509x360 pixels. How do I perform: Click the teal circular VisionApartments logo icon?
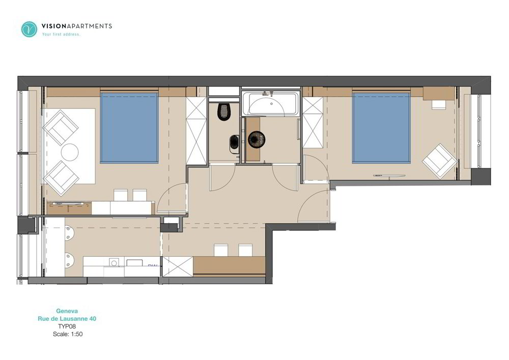29,29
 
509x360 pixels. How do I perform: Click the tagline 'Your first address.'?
61,34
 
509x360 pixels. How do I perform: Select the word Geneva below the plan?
67,311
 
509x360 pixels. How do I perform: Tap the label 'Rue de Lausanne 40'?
67,319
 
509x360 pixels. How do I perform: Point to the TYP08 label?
67,326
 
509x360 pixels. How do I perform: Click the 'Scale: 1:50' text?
68,334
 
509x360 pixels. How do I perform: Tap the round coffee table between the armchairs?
70,152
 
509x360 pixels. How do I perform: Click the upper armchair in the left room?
61,128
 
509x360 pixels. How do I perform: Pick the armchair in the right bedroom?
440,161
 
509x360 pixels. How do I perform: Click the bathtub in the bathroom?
270,104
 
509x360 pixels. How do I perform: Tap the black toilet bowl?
223,112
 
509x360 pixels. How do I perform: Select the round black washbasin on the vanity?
257,140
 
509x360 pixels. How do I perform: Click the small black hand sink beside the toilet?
234,143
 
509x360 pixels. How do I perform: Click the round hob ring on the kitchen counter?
114,263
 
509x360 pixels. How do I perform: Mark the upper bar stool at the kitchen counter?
69,234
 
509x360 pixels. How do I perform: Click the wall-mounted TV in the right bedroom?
389,176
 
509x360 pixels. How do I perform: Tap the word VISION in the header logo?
54,26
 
